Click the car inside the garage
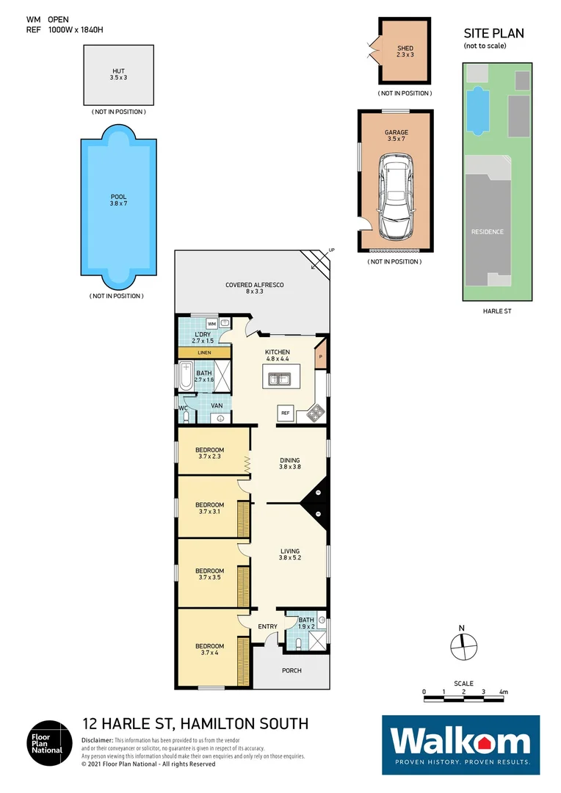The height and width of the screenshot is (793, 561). point(395,198)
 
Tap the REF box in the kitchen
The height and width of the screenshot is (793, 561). point(286,414)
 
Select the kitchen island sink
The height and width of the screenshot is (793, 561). point(278,380)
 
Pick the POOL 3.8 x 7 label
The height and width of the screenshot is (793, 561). point(118,200)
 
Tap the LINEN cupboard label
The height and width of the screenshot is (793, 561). point(204,353)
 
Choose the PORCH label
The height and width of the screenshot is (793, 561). point(292,670)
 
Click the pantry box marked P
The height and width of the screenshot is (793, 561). point(320,358)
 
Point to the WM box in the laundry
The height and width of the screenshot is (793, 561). point(211,323)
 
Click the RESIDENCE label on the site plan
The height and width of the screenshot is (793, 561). point(487,232)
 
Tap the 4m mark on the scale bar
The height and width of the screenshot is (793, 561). point(504,692)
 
